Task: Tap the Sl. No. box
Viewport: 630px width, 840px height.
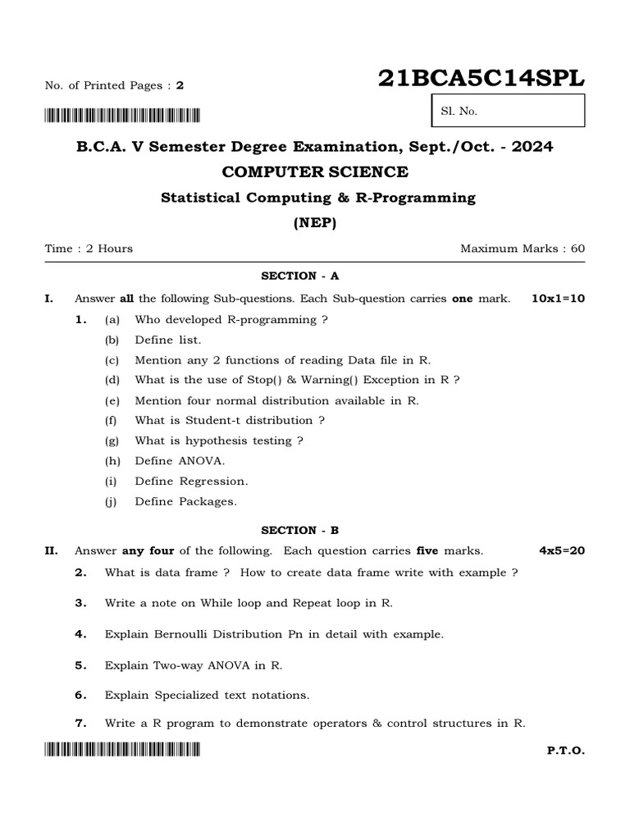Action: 508,111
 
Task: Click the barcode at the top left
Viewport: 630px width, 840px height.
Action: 122,115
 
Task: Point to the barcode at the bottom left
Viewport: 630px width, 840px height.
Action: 122,749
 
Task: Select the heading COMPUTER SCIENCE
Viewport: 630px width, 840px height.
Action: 315,171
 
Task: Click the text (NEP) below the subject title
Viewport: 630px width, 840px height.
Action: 315,222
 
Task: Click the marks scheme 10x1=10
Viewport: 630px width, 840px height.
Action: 558,299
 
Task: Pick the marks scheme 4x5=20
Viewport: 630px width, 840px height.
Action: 561,550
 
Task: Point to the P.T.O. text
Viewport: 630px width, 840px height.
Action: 565,751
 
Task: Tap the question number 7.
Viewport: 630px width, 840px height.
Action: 80,723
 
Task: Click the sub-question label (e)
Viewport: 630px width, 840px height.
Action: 112,401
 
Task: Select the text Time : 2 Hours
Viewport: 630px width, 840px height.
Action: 89,249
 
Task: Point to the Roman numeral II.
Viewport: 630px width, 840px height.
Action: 49,550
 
